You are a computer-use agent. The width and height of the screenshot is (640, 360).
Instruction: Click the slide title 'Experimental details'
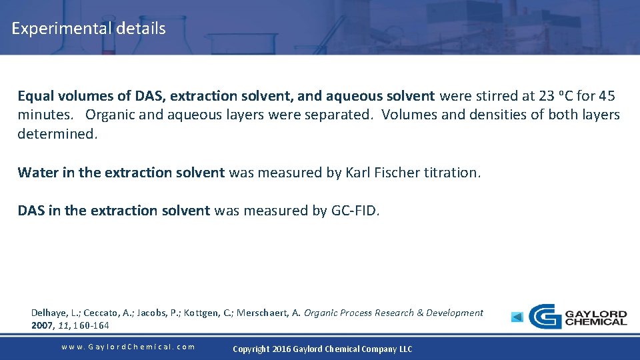tap(89, 29)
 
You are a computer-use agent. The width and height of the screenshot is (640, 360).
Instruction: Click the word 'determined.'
tap(57, 133)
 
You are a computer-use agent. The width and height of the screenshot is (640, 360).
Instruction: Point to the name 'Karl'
tap(360, 173)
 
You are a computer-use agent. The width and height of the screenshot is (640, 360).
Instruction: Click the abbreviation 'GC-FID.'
tap(355, 211)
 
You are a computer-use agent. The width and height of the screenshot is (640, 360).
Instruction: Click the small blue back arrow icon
tap(517, 317)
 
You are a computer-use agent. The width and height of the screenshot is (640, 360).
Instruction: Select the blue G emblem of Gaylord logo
tap(545, 317)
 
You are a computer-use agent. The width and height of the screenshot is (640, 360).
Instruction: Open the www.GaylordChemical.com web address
tap(128, 347)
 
